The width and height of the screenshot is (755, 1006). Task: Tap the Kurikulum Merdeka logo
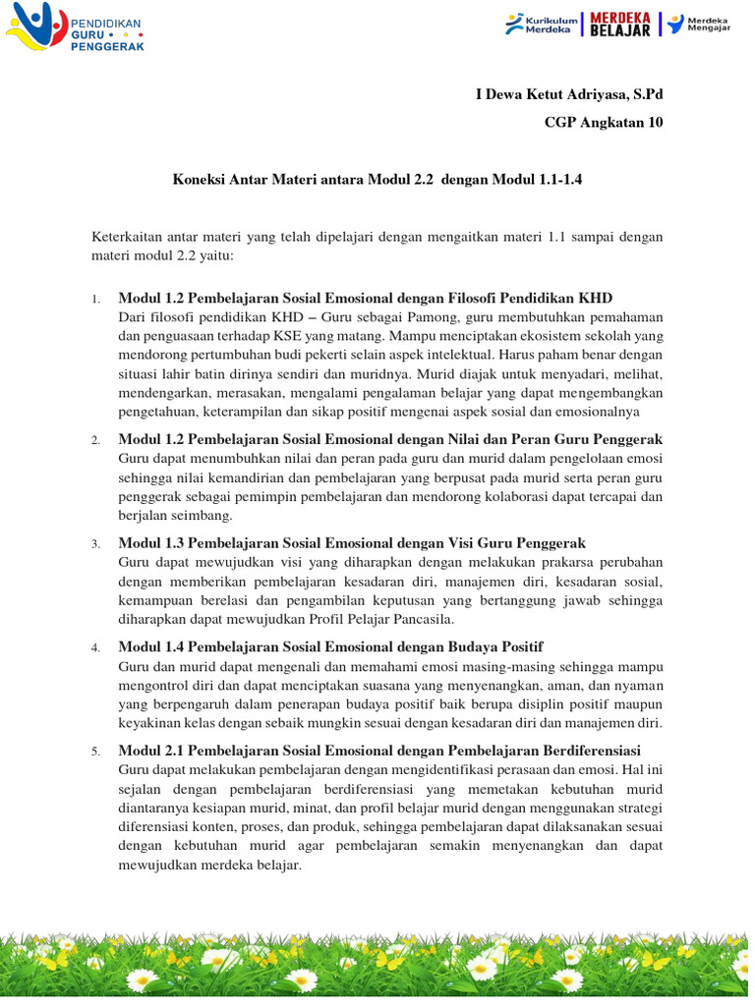tap(541, 24)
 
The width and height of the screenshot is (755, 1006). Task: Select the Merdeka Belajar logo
tap(619, 24)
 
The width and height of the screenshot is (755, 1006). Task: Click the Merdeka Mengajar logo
tap(704, 24)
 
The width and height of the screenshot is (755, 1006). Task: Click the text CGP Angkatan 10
tap(604, 122)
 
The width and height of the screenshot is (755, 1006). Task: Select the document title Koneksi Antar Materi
tap(372, 181)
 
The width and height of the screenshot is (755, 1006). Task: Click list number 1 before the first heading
tap(95, 299)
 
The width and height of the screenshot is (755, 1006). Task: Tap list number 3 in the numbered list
tap(95, 544)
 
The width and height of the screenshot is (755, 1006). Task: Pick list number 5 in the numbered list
tap(95, 752)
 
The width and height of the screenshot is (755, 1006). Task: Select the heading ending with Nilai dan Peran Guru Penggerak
tap(390, 439)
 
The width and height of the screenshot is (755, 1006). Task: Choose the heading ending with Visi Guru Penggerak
tap(352, 543)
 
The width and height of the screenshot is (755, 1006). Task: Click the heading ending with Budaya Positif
tap(330, 646)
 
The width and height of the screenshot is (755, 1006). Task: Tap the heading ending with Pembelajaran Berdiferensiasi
tap(379, 751)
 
